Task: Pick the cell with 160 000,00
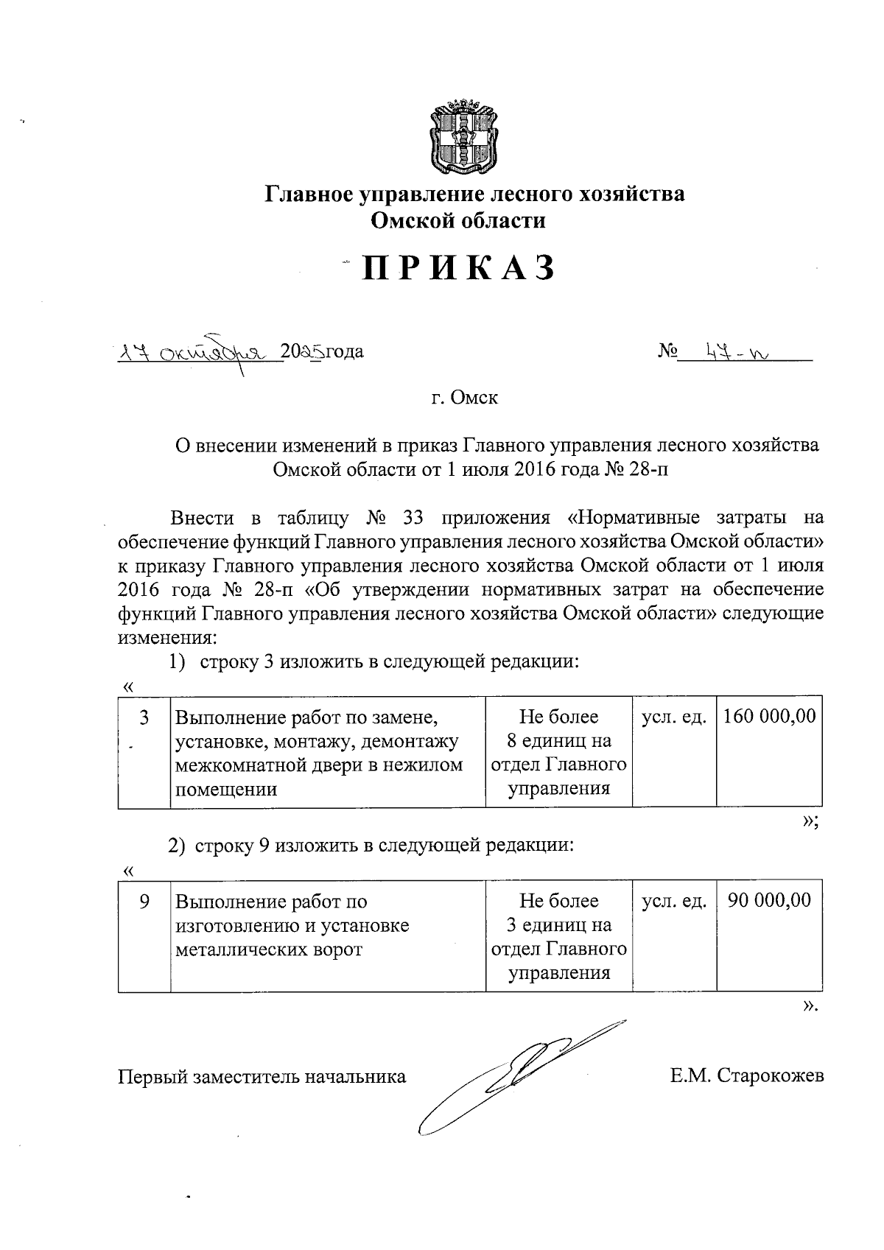[770, 716]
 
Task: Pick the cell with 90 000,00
[769, 900]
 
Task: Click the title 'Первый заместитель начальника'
[262, 1077]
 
